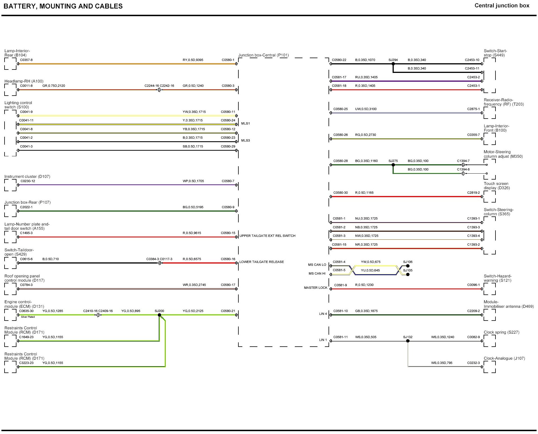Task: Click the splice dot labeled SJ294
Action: click(x=393, y=64)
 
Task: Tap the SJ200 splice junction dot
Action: click(x=159, y=315)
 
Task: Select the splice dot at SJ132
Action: click(x=408, y=341)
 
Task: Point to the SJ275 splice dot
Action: click(x=393, y=165)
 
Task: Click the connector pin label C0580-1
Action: click(x=228, y=60)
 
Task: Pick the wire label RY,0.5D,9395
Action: click(x=193, y=60)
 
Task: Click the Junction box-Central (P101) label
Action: click(x=263, y=55)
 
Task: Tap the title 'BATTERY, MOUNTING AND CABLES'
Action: click(x=63, y=6)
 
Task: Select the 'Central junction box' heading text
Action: click(x=502, y=5)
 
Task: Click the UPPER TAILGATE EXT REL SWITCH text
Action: click(x=267, y=236)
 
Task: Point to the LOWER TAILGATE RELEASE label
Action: click(x=261, y=262)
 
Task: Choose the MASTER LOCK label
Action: click(x=315, y=288)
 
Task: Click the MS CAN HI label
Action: click(x=317, y=273)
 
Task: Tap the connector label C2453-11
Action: click(x=472, y=68)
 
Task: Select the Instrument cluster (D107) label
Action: click(x=27, y=176)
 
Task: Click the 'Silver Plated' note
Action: click(x=28, y=317)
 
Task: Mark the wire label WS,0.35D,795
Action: click(x=442, y=363)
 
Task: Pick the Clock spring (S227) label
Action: click(x=501, y=332)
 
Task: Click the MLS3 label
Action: click(x=245, y=140)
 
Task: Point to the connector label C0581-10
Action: click(x=340, y=311)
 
